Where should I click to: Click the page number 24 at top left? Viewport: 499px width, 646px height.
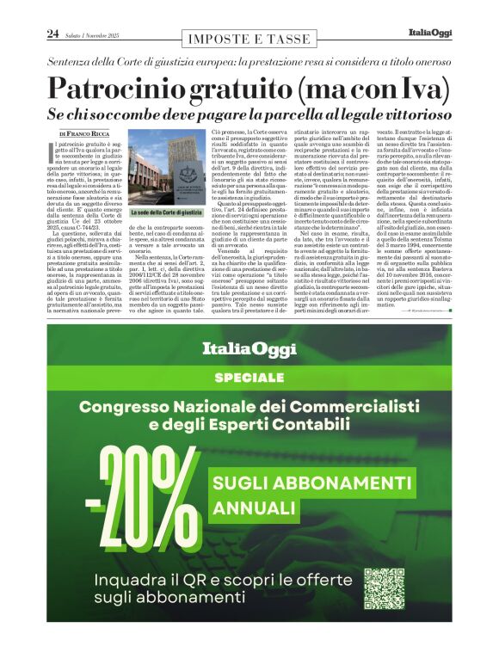pos(52,34)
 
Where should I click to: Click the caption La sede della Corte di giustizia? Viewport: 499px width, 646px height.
pos(166,212)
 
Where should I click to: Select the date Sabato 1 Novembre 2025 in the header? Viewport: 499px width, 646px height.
pos(95,34)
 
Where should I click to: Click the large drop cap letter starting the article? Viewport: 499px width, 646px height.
pos(55,152)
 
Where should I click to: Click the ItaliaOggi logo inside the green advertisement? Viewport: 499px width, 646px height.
pos(249,349)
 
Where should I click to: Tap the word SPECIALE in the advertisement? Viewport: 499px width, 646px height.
pos(249,378)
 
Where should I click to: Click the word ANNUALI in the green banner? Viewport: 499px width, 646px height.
pos(253,508)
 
